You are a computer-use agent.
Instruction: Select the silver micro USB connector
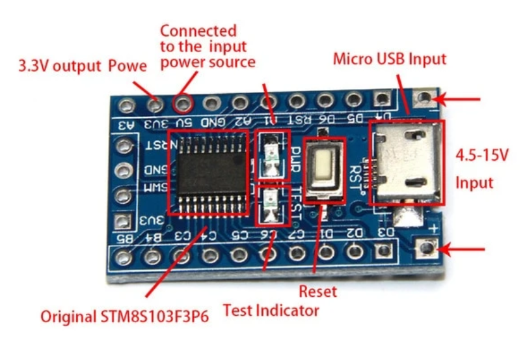tap(407, 163)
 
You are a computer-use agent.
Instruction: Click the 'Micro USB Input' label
tap(390, 59)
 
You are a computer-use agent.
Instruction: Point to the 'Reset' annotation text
tap(317, 290)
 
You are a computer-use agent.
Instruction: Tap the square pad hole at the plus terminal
tap(427, 249)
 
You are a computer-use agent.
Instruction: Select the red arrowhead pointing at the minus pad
tap(441, 100)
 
